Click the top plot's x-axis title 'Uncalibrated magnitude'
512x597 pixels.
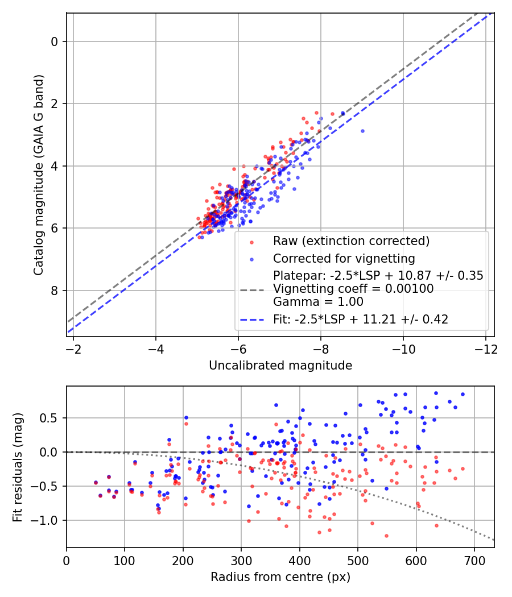[280, 366]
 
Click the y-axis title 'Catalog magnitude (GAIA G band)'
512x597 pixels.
[38, 175]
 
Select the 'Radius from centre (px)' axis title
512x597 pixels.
[280, 577]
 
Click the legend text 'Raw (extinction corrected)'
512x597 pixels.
[351, 241]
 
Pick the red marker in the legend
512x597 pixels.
[253, 241]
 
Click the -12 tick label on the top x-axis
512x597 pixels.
[485, 348]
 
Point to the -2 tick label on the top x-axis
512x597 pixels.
[73, 348]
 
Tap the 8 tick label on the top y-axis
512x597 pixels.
[55, 291]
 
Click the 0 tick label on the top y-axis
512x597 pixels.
[55, 42]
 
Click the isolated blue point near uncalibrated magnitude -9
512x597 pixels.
[362, 131]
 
